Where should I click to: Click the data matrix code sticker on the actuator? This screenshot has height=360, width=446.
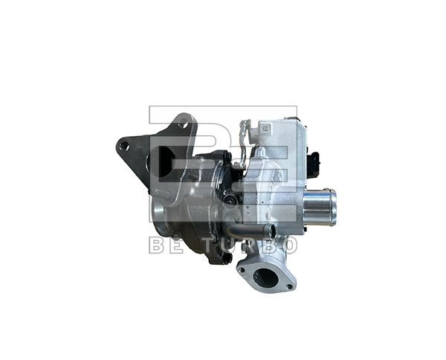[264, 129]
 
